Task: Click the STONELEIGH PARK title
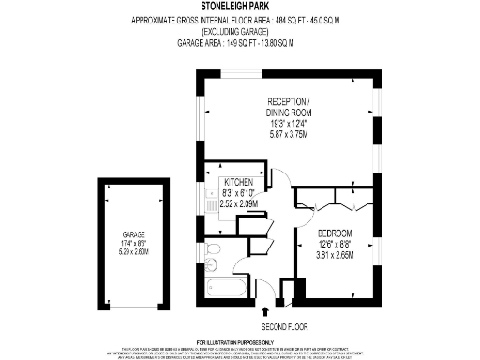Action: pyautogui.click(x=239, y=7)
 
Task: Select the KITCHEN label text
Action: pyautogui.click(x=238, y=180)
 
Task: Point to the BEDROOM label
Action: pyautogui.click(x=334, y=232)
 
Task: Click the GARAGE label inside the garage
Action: pyautogui.click(x=136, y=235)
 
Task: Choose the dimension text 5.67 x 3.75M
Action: pyautogui.click(x=290, y=133)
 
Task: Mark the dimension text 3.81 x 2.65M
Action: pyautogui.click(x=335, y=255)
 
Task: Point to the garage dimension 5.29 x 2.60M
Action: pyautogui.click(x=136, y=251)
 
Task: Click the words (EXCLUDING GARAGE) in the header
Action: pyautogui.click(x=239, y=32)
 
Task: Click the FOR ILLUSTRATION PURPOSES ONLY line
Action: pyautogui.click(x=239, y=342)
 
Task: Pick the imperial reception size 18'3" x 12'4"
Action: pyautogui.click(x=290, y=124)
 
